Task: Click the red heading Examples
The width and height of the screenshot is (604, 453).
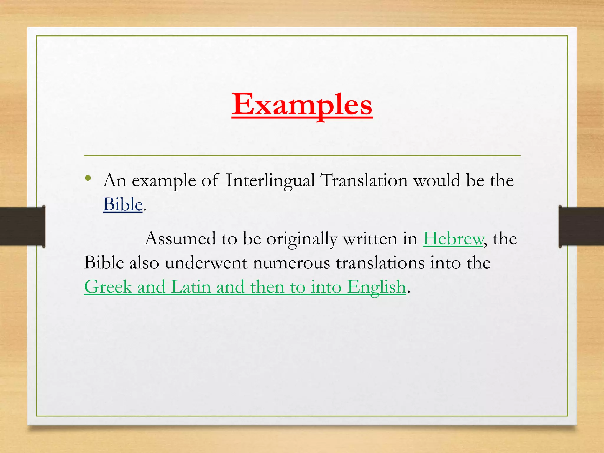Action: (x=302, y=105)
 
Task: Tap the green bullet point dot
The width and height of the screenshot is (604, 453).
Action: (x=88, y=178)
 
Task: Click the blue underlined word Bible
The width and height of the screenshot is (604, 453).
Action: (x=123, y=204)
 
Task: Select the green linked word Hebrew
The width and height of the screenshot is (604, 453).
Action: (x=453, y=239)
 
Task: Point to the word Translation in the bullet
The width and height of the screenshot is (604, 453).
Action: (x=364, y=180)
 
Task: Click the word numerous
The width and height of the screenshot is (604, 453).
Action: (x=291, y=263)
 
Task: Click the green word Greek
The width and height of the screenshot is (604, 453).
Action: (x=108, y=287)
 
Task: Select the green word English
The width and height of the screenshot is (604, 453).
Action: (x=376, y=287)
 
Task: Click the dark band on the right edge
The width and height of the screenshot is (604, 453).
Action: (x=581, y=226)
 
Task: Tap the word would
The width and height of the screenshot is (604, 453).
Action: (x=436, y=180)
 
